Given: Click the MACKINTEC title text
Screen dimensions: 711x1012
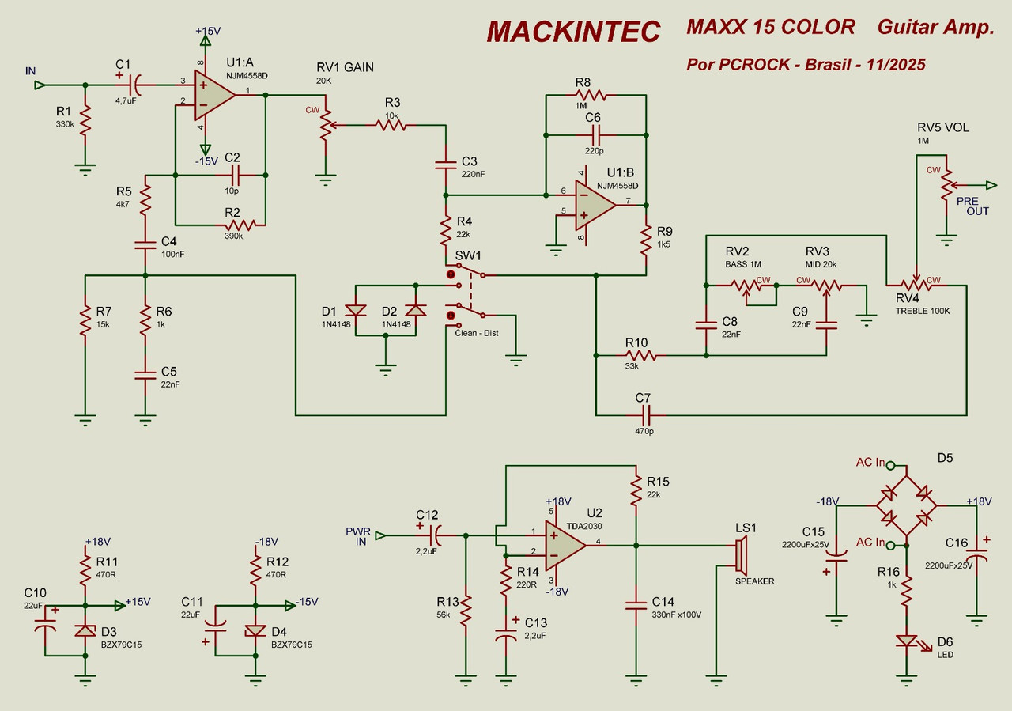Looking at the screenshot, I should pos(573,32).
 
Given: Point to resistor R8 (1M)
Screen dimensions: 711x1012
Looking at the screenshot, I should pos(591,95).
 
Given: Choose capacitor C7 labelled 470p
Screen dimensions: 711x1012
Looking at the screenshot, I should pos(646,414).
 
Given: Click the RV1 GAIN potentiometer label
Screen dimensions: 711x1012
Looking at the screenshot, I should pos(346,67).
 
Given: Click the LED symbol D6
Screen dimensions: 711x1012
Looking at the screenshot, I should pos(906,642).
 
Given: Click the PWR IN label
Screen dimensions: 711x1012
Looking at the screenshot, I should pos(357,535).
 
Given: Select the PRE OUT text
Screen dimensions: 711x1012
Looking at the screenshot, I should pos(972,206).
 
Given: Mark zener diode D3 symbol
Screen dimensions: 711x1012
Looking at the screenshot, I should pos(85,631).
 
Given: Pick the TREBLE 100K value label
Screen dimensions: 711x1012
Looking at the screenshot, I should pos(923,311).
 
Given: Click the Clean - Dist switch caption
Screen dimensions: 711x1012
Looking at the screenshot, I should pos(477,333).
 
